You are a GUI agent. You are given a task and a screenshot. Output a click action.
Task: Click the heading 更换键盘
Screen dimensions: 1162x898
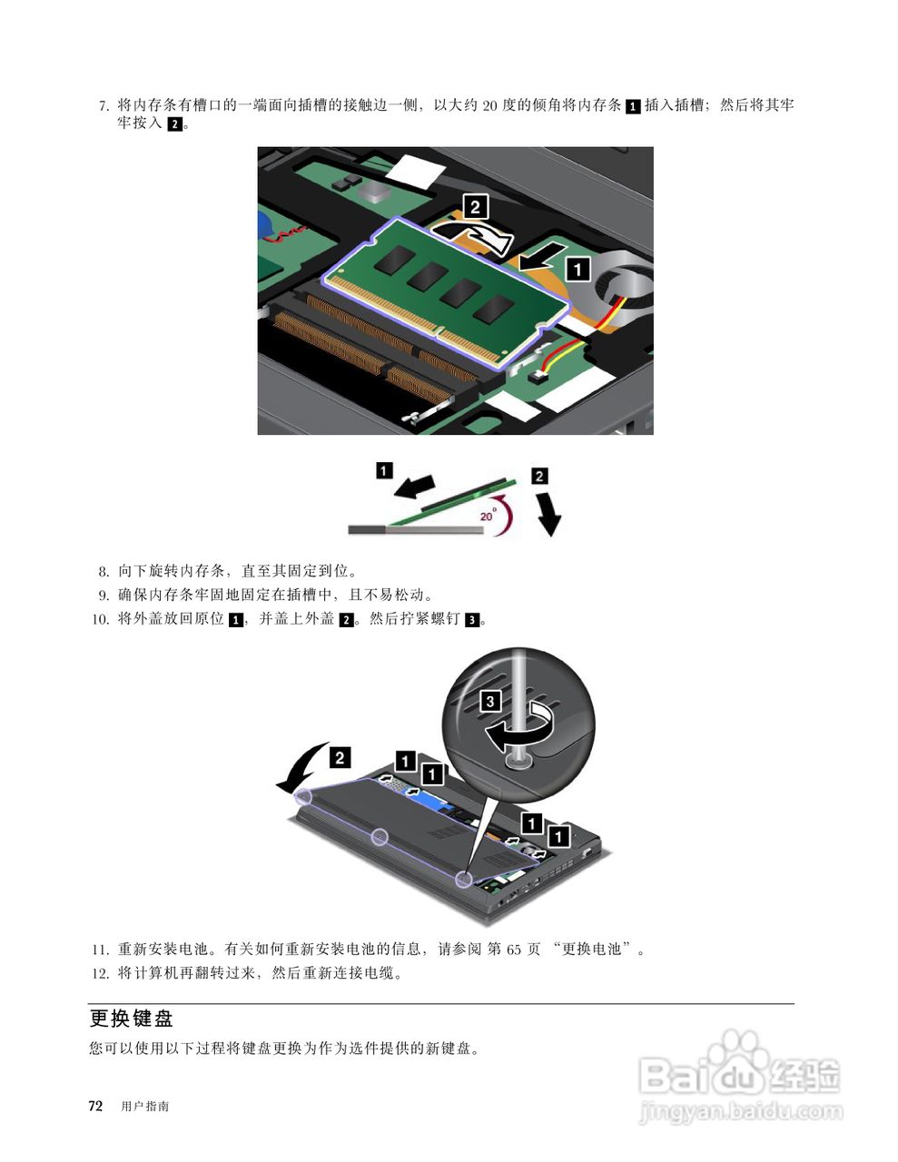tap(132, 1019)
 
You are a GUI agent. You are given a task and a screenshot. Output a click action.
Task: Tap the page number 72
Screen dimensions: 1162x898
tap(95, 1106)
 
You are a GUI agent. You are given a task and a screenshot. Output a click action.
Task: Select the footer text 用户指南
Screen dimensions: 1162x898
tap(144, 1107)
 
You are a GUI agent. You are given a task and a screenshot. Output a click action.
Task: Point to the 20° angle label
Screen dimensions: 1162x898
tap(488, 515)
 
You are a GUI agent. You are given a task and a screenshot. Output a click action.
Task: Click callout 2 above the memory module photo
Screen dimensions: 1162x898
tap(475, 207)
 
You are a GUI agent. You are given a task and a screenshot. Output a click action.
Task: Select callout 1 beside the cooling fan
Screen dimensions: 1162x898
tap(577, 269)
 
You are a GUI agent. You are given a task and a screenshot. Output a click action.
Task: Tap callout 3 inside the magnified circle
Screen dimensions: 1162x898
tap(489, 701)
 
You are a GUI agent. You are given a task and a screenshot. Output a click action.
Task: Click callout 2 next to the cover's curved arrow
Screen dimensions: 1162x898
tap(340, 757)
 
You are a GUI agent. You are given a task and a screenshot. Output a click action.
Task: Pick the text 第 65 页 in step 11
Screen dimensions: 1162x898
tap(514, 950)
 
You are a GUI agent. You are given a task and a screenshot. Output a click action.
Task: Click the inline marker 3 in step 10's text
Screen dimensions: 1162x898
tap(471, 621)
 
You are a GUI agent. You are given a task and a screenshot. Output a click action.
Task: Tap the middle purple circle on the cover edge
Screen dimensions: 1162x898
tap(381, 836)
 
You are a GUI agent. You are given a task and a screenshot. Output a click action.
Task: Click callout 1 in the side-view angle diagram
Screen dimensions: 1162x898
tap(385, 470)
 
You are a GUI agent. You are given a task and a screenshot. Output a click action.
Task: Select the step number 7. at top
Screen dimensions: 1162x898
tap(104, 106)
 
